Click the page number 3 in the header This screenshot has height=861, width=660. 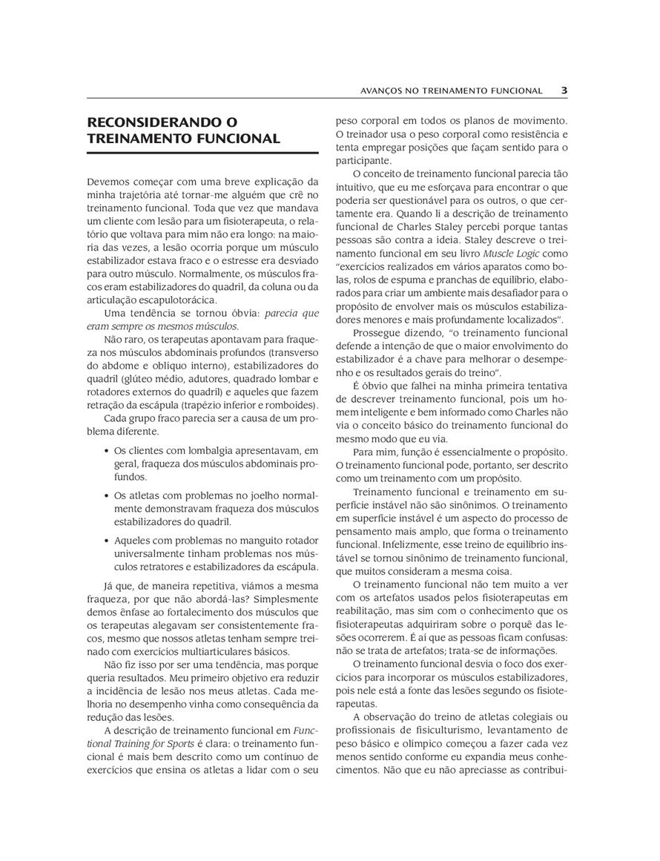(x=564, y=90)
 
